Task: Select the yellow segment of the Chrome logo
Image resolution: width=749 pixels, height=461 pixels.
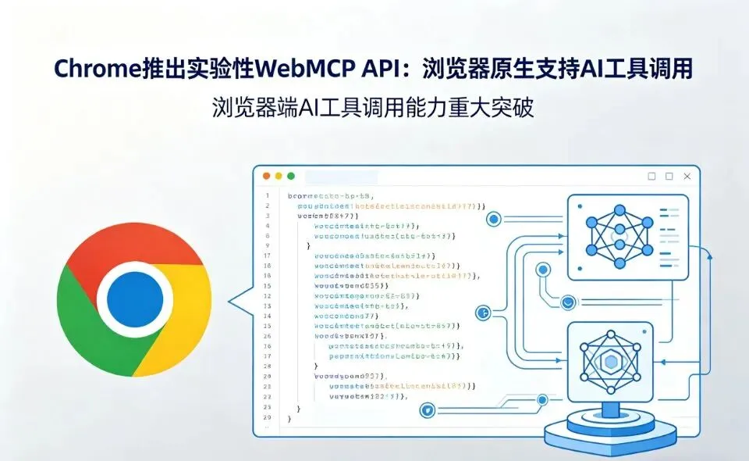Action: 179,328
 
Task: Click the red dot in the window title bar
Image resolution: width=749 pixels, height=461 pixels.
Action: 267,177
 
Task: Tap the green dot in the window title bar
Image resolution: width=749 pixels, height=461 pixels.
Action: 291,177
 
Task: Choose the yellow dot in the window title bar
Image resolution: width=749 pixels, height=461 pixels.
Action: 279,177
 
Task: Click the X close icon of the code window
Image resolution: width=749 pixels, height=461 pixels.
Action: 687,177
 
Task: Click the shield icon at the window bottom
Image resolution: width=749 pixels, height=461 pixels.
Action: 427,409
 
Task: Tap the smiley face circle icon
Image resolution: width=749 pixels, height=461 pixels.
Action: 568,302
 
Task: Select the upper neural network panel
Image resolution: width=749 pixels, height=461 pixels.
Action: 627,230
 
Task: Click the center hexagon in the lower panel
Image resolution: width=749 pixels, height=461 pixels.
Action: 611,362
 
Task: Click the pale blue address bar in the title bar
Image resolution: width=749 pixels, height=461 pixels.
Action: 341,177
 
